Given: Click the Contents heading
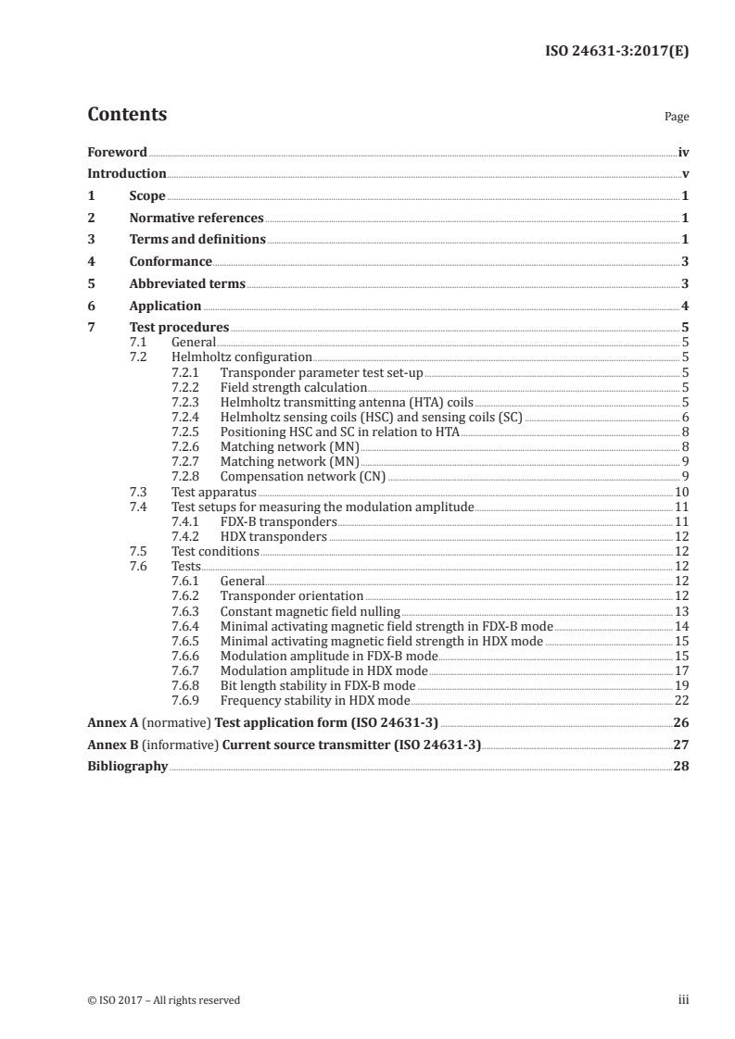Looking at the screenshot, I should pos(127,115).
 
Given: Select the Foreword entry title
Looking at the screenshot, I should pos(117,152).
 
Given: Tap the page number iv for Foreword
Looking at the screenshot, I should pos(683,152).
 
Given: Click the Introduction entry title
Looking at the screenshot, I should pos(127,174).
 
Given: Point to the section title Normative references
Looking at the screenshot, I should pos(196,219).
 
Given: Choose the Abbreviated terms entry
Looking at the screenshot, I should pos(187,283).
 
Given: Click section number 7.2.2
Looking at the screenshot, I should pos(188,388).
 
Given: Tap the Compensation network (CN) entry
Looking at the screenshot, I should pos(302,477).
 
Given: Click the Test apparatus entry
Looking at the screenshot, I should pos(214,492).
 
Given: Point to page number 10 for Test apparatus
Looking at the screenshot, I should pos(681,492).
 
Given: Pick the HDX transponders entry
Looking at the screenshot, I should pos(273,536).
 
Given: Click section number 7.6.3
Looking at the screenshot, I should pos(188,611).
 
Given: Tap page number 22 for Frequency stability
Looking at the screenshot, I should pos(681,700).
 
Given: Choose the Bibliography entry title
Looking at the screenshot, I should pos(127,767).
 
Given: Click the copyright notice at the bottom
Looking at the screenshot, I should pos(163,1000).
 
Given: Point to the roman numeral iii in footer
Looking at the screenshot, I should pos(683,1000).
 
